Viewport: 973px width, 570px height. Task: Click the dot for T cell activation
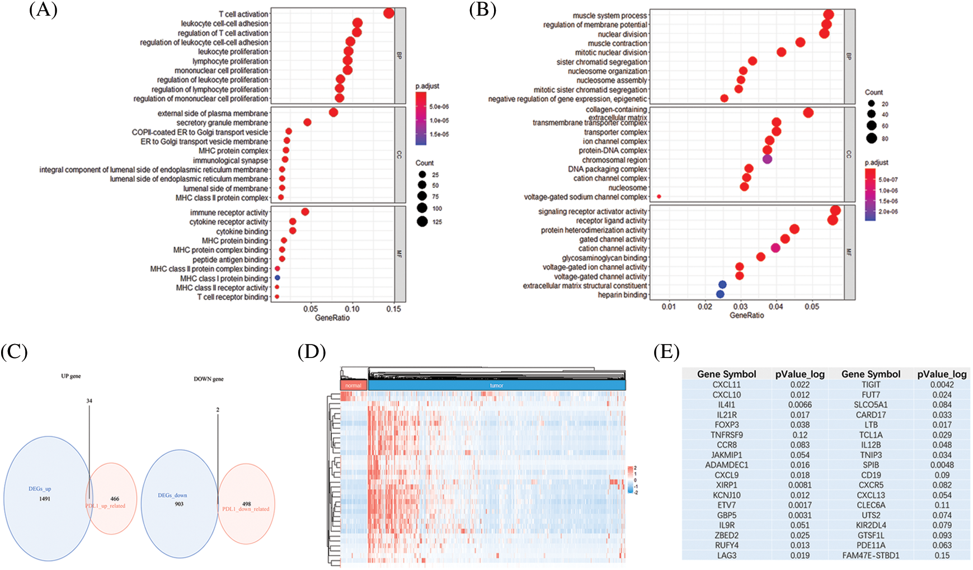pos(389,13)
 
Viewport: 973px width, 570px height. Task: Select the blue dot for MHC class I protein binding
pos(277,278)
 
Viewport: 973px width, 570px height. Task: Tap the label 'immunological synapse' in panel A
pos(231,161)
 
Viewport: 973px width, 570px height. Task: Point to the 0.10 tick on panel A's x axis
pos(352,309)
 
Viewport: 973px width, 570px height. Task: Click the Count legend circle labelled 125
pos(422,222)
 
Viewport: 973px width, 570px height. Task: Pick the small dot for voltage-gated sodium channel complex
pos(659,196)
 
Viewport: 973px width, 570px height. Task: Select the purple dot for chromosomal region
pos(767,159)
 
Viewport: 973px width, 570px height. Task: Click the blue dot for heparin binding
pos(720,294)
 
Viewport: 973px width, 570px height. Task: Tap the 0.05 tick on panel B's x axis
pos(812,307)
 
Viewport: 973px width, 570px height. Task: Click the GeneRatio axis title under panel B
pos(746,315)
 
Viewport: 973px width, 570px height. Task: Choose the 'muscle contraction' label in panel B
pos(617,43)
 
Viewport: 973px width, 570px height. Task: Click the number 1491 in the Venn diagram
pos(45,498)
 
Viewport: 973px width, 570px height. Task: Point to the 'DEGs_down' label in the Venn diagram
pos(172,495)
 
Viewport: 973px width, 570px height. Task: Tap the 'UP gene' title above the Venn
pos(71,376)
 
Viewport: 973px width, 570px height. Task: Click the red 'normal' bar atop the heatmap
pos(353,385)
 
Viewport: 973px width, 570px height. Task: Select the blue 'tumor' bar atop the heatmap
pos(496,385)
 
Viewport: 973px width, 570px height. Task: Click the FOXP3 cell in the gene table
pos(727,425)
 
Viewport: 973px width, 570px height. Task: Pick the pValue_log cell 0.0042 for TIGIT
pos(942,384)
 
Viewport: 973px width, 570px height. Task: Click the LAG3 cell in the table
pos(727,555)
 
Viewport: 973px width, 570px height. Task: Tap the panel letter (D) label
pos(312,352)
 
